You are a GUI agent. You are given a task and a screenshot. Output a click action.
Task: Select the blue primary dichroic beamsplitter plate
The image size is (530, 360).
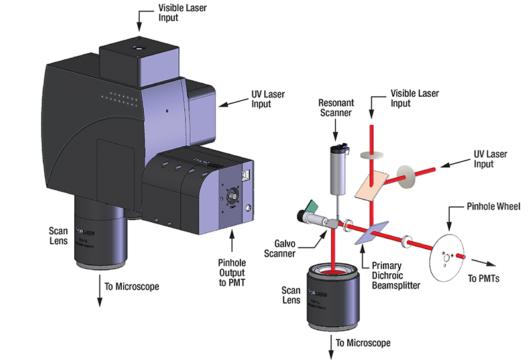click(x=370, y=232)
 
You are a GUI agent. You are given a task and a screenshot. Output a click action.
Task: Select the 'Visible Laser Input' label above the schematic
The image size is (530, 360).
click(x=414, y=99)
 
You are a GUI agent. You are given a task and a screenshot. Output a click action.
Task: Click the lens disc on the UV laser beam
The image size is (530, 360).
click(x=402, y=178)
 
